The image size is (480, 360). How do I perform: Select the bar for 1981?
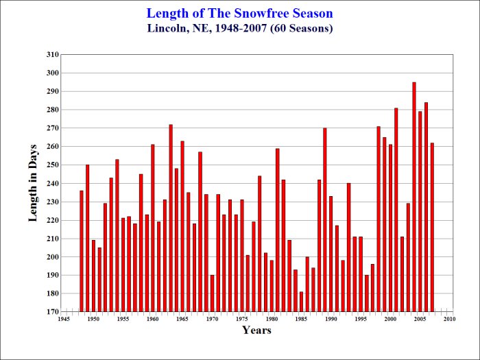(278, 230)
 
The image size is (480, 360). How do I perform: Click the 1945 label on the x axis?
(64, 319)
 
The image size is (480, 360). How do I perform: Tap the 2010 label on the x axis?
(450, 319)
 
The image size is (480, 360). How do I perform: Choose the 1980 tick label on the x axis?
(272, 319)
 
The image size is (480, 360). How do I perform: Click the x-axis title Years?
(256, 331)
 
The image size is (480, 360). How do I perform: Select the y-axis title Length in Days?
(33, 183)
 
